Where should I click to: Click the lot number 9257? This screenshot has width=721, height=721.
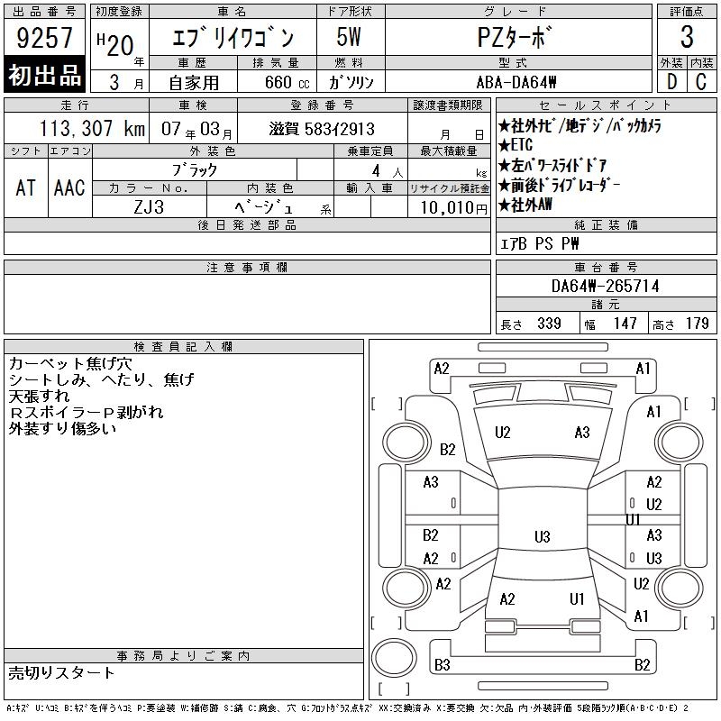tap(44, 37)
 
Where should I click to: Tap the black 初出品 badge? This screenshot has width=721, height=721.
tap(44, 75)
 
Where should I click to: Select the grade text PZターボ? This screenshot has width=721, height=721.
tap(514, 37)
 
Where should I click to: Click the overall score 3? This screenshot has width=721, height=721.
tap(687, 37)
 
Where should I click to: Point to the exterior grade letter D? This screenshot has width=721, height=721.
tap(671, 82)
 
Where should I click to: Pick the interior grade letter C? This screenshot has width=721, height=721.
tap(701, 82)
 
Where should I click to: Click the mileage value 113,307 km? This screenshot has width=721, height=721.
tap(92, 129)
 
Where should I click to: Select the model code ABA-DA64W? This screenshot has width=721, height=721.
tap(516, 83)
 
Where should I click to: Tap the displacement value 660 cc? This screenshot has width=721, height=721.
tap(287, 83)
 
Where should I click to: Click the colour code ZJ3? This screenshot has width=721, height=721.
tap(149, 207)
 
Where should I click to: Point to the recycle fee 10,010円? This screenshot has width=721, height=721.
tap(453, 208)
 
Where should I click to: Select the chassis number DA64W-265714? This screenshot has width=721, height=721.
tap(605, 287)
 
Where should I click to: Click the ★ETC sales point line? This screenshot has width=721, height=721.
tap(516, 145)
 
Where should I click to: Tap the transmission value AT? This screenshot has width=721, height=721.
tap(25, 187)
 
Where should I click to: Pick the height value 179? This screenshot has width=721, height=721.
tap(697, 324)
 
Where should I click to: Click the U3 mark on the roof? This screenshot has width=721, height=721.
tap(543, 536)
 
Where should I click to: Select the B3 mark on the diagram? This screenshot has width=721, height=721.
tap(442, 665)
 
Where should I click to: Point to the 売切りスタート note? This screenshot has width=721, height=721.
tap(61, 673)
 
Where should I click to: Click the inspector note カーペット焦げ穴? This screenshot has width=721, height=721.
tap(70, 364)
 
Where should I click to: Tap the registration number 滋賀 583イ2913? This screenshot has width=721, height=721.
tap(322, 129)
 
